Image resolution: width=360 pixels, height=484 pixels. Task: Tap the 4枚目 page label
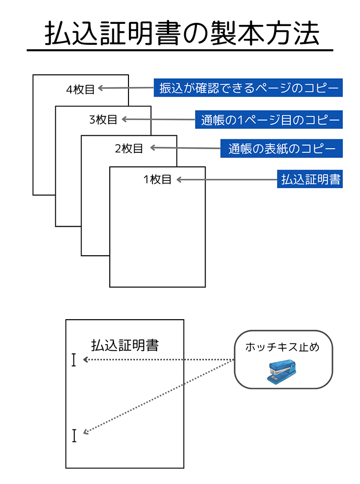point(81,89)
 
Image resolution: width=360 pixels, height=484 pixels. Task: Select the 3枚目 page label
point(104,120)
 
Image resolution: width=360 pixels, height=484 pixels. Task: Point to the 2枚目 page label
point(129,149)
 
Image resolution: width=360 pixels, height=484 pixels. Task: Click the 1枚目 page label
point(158,180)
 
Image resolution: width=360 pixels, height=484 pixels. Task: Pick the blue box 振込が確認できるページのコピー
point(248,88)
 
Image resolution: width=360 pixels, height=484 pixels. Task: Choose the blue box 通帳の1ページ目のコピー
point(268,120)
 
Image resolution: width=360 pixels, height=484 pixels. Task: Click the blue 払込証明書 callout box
point(310,180)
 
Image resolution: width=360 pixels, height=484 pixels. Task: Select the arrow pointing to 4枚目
point(125,88)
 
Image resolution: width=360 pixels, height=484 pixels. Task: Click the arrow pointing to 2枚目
point(185,148)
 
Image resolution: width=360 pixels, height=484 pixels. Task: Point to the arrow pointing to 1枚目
point(226,180)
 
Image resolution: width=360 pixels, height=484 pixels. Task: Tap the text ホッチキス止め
point(282,347)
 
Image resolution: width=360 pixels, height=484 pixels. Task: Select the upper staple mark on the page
point(74,360)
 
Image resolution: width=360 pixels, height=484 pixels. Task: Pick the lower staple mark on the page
point(74,435)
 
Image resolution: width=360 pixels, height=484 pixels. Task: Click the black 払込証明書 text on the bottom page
point(125,345)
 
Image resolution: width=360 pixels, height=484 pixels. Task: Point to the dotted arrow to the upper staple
point(156,360)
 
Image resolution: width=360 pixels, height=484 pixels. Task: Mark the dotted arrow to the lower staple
point(156,397)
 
